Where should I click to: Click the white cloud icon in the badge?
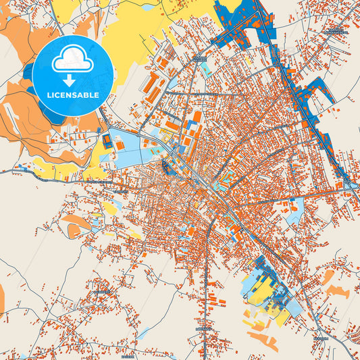click(72, 59)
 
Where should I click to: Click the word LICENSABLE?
click(72, 95)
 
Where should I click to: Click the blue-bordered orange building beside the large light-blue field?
click(107, 140)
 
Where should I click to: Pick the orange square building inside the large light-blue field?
click(145, 143)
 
